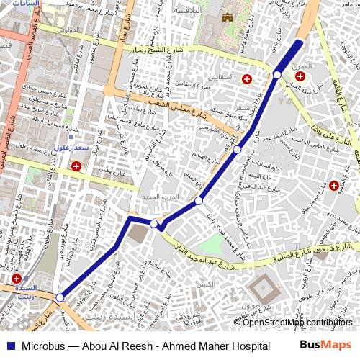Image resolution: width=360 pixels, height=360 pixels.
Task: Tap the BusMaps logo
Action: [x=325, y=346]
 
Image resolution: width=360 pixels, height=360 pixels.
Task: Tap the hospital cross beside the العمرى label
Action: [x=299, y=76]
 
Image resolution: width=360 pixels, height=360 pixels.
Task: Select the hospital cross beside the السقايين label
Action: [x=247, y=78]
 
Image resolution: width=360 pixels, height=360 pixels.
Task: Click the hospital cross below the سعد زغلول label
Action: [x=76, y=166]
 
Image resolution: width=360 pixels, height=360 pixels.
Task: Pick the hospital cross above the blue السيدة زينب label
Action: [x=17, y=279]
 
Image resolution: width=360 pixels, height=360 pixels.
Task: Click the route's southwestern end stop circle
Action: [x=60, y=297]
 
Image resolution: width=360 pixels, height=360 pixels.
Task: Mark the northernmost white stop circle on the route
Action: [x=276, y=75]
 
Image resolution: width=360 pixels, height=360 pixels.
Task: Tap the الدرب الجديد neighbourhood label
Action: [x=158, y=197]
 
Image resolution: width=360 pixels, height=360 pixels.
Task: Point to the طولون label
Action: [x=250, y=305]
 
